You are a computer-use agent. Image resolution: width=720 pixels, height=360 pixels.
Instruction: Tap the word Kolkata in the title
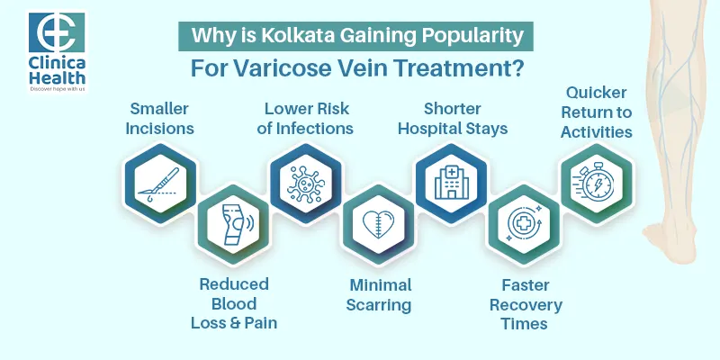click(x=303, y=37)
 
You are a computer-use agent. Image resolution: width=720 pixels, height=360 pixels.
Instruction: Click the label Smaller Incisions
click(x=159, y=119)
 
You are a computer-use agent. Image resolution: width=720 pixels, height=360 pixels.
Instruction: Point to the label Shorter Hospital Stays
click(x=453, y=119)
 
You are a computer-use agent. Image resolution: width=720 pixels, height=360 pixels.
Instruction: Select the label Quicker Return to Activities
click(x=596, y=112)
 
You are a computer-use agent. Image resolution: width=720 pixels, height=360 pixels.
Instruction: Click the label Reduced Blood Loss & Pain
click(x=234, y=303)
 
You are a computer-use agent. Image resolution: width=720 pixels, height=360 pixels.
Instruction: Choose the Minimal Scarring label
click(x=380, y=294)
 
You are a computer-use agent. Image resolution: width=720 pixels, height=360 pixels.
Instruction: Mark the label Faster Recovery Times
click(x=525, y=303)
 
